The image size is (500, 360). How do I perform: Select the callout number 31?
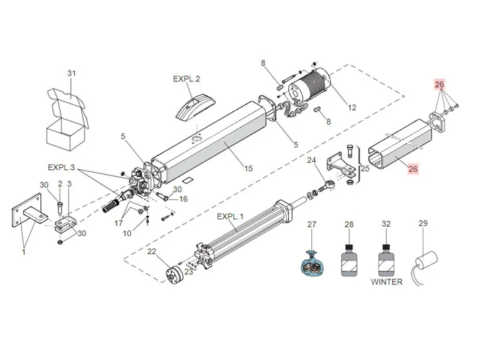coord(71,73)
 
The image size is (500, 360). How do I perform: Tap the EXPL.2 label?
coord(187,78)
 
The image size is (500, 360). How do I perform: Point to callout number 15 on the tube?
coord(249,168)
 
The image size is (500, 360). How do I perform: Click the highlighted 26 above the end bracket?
coord(439,84)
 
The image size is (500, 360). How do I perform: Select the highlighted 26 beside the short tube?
coord(414,169)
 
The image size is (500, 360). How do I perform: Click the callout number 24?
coord(312,160)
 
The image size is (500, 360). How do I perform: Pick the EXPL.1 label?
coord(231,217)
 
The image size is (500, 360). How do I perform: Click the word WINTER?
coord(387,282)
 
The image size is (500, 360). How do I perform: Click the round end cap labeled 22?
coord(173,276)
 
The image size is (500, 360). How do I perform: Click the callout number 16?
coord(183,199)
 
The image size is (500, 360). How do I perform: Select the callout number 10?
coord(127,234)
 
